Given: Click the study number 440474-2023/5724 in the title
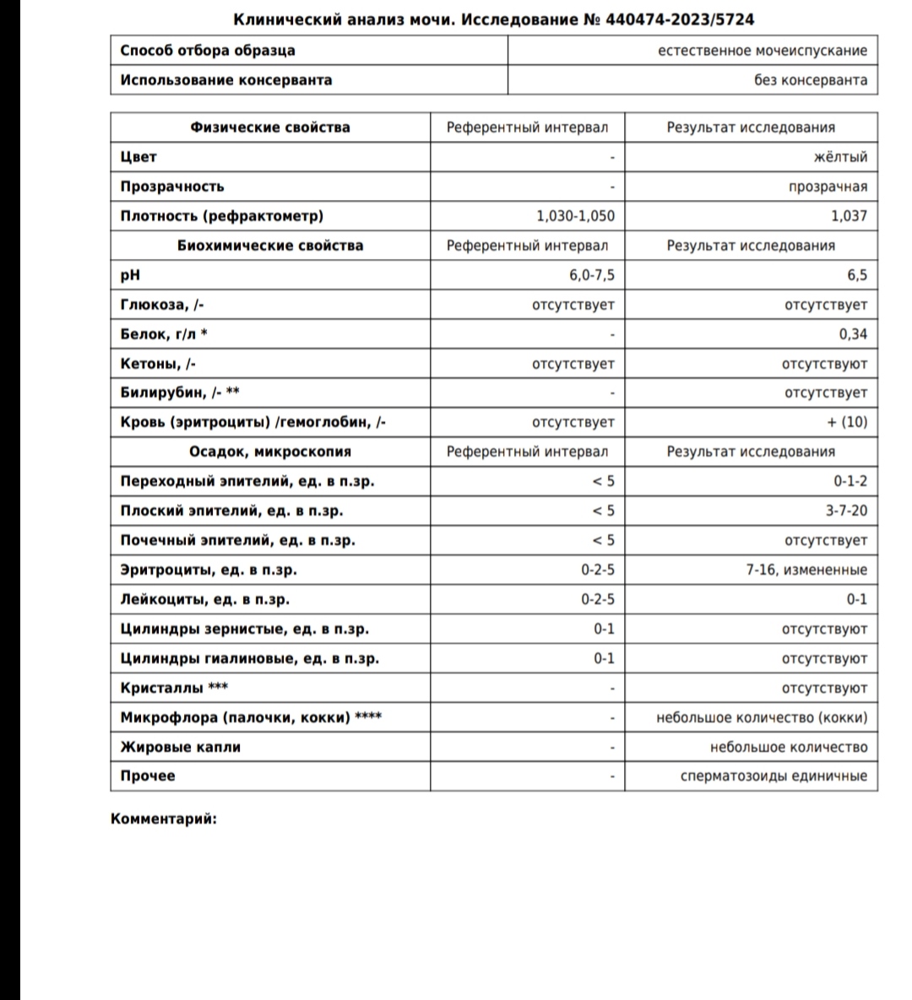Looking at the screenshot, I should [x=680, y=19].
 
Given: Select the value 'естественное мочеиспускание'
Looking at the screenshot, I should [x=762, y=51].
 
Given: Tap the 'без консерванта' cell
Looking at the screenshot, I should [x=810, y=80].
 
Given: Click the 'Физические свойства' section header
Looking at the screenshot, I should [x=270, y=127].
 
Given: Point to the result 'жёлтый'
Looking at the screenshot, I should [x=841, y=157].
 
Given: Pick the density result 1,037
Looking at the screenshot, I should [x=849, y=216].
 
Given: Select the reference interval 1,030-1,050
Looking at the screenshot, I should [x=575, y=216].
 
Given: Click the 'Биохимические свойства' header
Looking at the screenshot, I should [x=270, y=246].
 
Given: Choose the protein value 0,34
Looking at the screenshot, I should [x=853, y=334].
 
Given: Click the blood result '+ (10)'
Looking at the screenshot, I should [x=847, y=422].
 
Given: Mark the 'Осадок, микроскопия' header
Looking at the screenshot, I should [x=270, y=451].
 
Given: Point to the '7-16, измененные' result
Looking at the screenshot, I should [x=806, y=570].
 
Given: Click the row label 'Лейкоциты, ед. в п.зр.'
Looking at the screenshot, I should [x=205, y=599].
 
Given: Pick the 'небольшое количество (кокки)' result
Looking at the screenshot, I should [x=762, y=718].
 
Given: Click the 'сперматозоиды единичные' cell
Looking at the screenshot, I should [x=774, y=776].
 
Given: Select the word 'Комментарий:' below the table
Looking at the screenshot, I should [x=164, y=818].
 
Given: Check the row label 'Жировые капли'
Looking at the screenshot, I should [x=181, y=747].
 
